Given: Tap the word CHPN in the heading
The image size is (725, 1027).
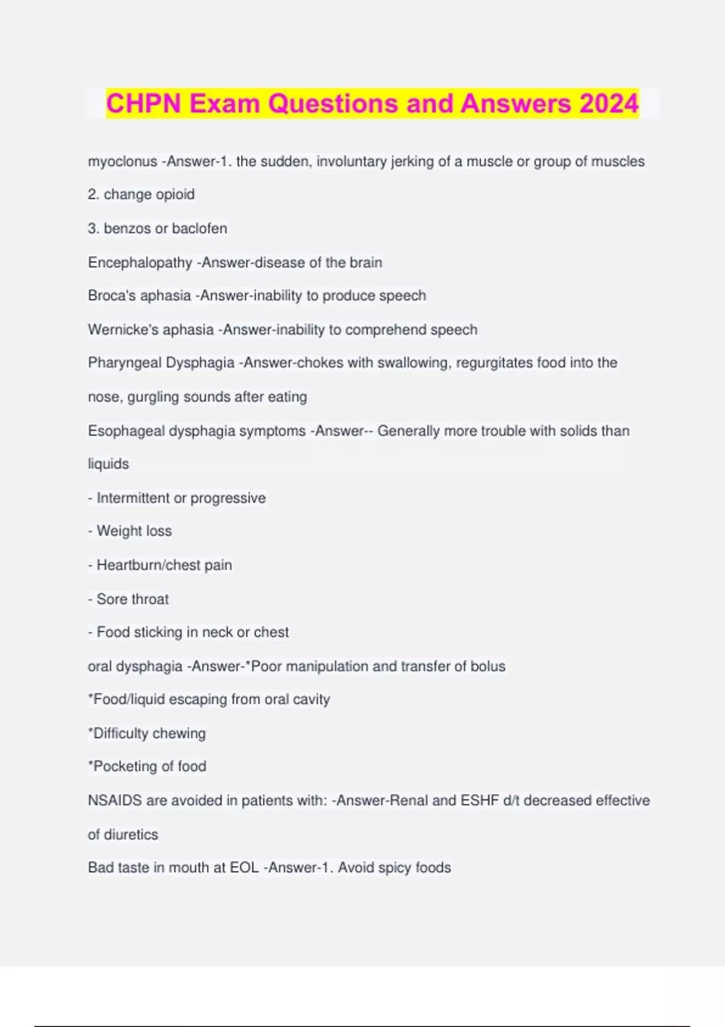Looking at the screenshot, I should click(x=143, y=103).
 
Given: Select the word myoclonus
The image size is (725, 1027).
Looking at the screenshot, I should click(x=122, y=161).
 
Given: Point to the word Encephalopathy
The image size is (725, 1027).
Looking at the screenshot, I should click(x=140, y=262).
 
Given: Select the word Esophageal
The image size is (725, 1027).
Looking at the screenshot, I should click(x=126, y=431).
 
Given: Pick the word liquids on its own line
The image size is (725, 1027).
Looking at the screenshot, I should click(x=109, y=464).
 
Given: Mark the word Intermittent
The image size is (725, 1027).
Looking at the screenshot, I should click(x=133, y=498).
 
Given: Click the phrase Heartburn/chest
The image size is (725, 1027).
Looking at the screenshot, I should click(x=148, y=565).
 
